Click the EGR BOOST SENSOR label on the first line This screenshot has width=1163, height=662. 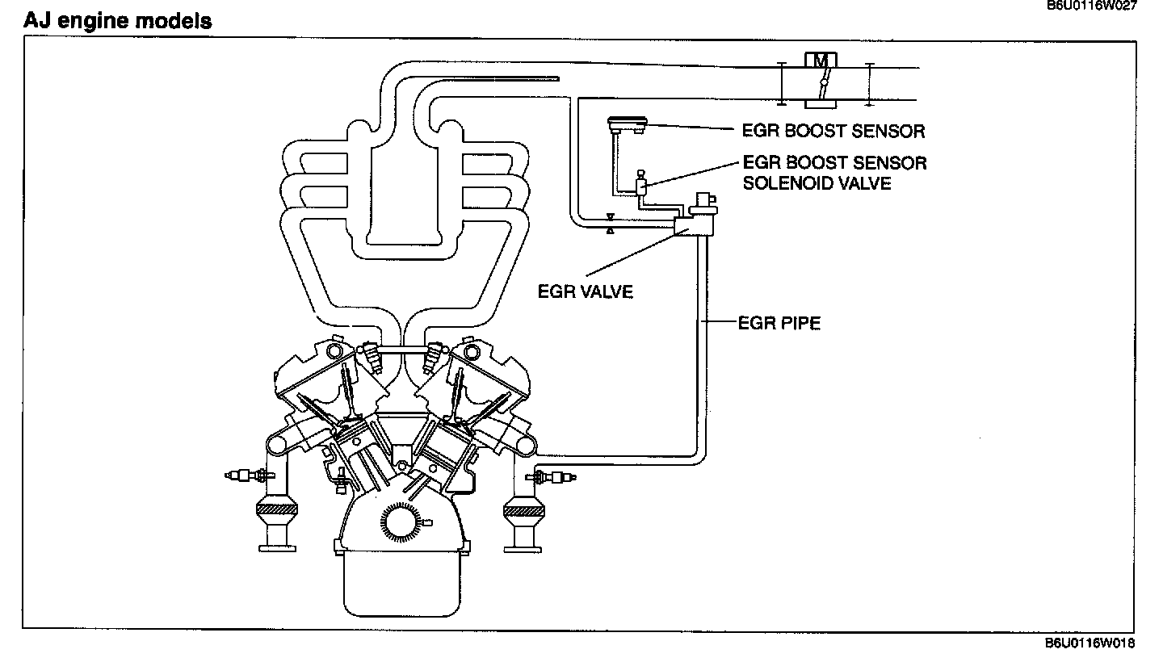click(833, 131)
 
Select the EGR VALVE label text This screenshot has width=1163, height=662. click(586, 291)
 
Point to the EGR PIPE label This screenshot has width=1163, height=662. click(779, 324)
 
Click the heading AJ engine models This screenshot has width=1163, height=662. click(118, 21)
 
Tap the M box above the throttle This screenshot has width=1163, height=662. click(821, 60)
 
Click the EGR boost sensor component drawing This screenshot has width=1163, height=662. click(627, 124)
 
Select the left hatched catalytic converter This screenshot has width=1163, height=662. click(277, 509)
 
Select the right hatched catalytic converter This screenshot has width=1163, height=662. click(526, 509)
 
